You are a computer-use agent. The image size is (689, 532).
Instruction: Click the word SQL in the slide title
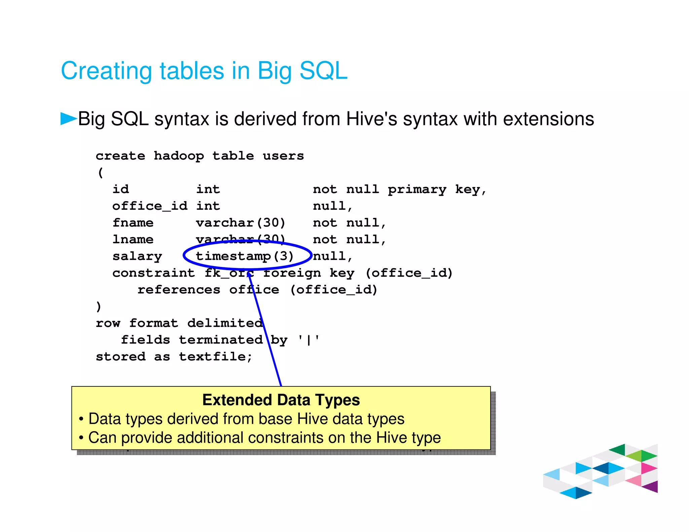point(323,71)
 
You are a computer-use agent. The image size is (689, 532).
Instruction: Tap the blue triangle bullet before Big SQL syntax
point(68,118)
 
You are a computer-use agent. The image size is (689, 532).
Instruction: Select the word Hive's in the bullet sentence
point(372,119)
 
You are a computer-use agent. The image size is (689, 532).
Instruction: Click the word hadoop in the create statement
point(179,156)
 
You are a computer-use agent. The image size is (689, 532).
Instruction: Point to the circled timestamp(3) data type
point(245,256)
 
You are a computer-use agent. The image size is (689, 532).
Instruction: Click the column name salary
point(137,256)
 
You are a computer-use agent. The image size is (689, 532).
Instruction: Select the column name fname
point(133,223)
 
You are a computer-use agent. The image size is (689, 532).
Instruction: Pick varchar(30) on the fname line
point(241,223)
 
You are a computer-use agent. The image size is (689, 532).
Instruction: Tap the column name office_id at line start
point(150,206)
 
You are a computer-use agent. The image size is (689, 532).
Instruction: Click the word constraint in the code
point(154,273)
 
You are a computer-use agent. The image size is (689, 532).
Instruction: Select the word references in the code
point(179,290)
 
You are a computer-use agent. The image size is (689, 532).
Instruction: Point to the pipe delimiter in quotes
point(309,340)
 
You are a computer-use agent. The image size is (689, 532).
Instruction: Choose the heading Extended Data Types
point(281,400)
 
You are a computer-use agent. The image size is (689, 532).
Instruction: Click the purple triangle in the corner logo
point(651,487)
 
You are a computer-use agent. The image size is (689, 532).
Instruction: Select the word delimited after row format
point(225,323)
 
